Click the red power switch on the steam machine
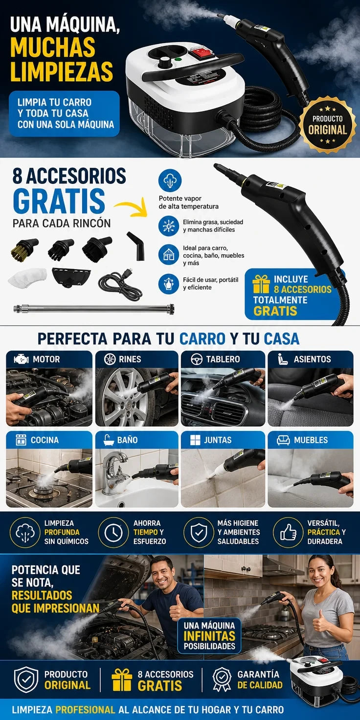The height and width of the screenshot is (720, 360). (199, 52)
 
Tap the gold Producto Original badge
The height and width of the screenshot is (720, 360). (328, 125)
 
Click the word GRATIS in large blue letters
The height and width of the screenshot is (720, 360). (59, 201)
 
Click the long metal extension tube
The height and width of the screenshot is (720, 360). (94, 309)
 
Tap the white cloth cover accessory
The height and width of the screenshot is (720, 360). (27, 277)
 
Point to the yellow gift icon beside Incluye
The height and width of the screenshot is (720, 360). (261, 284)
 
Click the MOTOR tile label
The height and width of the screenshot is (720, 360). (46, 359)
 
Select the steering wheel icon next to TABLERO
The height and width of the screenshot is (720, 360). (197, 360)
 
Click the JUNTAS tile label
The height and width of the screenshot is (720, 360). (218, 440)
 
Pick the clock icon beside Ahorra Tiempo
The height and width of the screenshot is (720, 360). (113, 532)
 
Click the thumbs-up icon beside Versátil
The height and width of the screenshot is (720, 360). (288, 533)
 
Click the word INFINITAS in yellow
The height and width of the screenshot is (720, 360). (209, 636)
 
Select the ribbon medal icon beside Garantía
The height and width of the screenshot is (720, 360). (222, 679)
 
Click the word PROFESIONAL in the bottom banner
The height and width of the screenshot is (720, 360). (85, 709)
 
